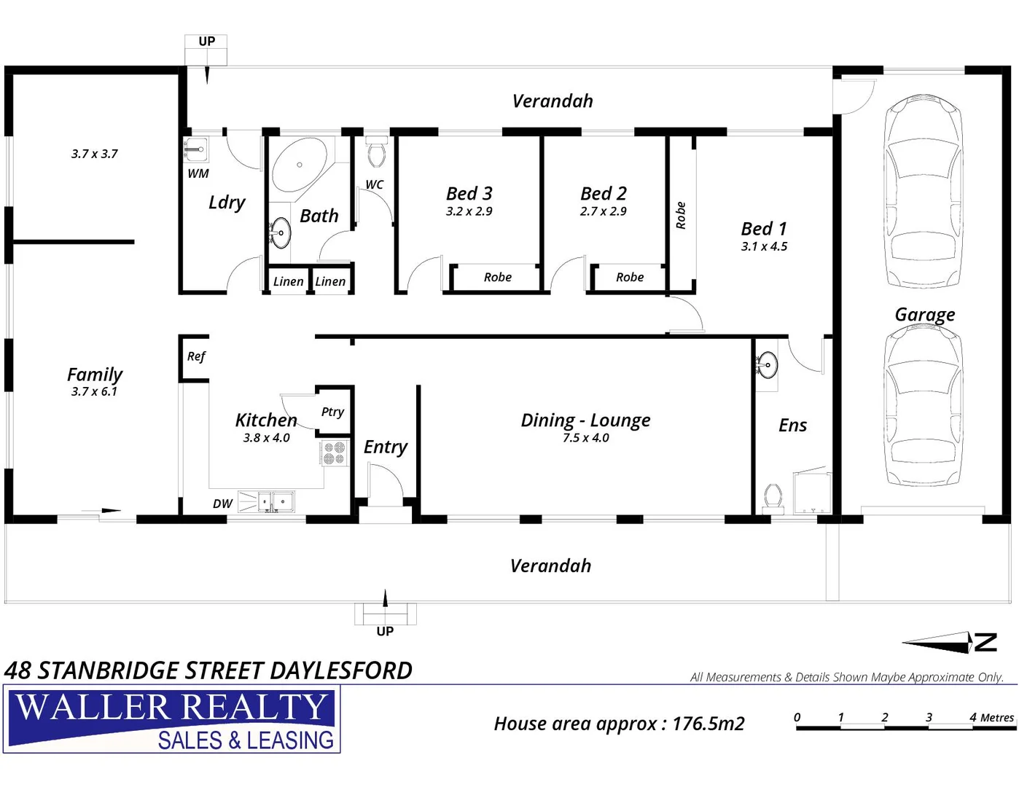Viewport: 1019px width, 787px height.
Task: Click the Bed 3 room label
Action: (x=469, y=193)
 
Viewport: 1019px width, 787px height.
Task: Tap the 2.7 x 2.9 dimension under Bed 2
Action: (x=603, y=211)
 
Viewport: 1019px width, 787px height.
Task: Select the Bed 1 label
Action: (x=764, y=229)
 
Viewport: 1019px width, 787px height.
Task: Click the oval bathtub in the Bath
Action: (x=299, y=165)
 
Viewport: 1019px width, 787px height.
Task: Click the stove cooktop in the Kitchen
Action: (x=335, y=453)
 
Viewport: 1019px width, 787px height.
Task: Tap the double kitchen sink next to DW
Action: (x=274, y=501)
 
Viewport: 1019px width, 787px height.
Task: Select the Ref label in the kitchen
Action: (x=196, y=356)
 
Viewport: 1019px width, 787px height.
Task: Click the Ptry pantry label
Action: (x=332, y=412)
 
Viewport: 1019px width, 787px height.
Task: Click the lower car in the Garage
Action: (x=923, y=405)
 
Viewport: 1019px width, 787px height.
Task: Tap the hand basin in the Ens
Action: (x=767, y=364)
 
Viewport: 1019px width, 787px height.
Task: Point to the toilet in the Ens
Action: (x=773, y=498)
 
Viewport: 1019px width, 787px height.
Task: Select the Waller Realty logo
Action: (x=173, y=719)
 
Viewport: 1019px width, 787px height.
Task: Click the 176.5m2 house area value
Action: (x=708, y=724)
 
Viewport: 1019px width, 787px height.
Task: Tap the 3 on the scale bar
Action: (x=929, y=717)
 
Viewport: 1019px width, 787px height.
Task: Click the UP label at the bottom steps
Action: (x=385, y=631)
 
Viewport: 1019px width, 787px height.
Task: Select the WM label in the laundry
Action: (x=198, y=173)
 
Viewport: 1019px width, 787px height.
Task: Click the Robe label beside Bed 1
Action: (x=681, y=216)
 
